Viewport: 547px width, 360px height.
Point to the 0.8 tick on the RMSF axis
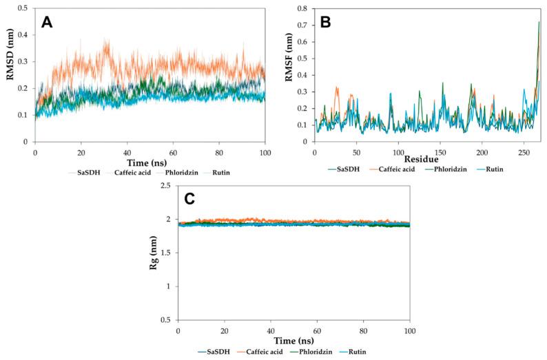tap(304, 8)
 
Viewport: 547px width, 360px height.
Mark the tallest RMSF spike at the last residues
tap(539, 22)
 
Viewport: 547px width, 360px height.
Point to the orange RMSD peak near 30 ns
tap(106, 41)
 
